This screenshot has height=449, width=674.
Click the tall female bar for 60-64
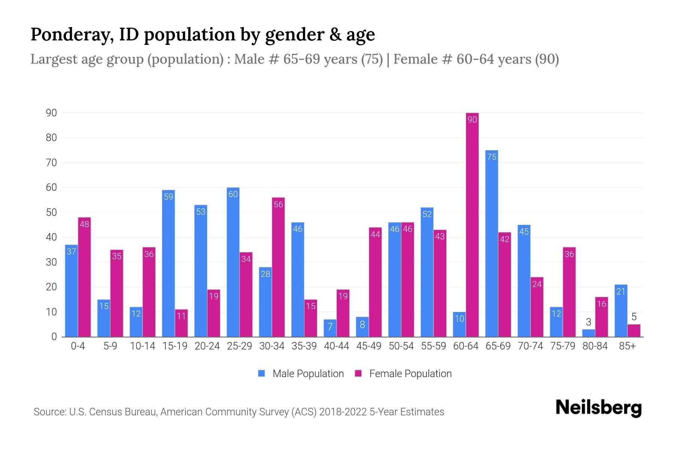472,224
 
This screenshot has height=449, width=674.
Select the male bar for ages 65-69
492,243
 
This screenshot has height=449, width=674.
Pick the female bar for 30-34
278,267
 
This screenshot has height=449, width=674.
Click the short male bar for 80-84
589,333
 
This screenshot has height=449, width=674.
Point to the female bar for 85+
634,331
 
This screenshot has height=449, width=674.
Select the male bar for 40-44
330,328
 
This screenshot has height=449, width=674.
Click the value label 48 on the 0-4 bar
85,224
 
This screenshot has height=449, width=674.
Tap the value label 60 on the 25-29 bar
233,194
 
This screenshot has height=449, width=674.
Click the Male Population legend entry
301,374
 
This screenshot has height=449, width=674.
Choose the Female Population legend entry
403,374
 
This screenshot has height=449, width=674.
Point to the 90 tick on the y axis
51,113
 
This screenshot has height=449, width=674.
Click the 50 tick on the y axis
51,213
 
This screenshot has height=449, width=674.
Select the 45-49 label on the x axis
369,346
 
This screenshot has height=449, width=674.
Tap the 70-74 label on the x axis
530,346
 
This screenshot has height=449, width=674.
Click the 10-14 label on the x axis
142,346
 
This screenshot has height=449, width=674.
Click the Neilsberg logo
598,408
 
